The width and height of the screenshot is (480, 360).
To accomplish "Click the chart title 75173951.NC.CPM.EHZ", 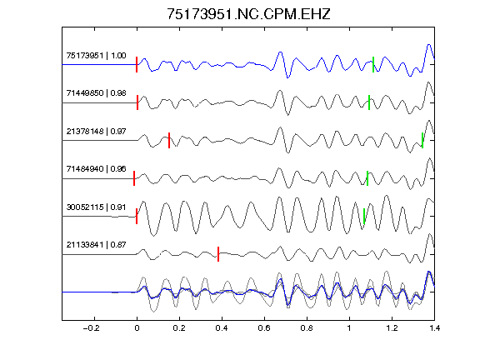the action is point(248,14).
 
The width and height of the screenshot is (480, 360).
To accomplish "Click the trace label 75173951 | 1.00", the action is point(96,55).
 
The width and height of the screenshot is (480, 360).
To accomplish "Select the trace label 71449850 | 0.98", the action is point(96,93).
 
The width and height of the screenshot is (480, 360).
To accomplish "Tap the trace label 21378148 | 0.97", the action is point(96,132).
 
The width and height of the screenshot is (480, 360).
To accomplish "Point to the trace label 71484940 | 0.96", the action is point(96,169).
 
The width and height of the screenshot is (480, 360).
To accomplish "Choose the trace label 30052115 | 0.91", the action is point(96,207).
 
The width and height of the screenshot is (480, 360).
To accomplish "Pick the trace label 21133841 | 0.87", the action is point(96,245).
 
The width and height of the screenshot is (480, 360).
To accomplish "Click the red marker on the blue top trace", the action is point(137,65).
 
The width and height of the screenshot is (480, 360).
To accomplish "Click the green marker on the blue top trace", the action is point(373,65).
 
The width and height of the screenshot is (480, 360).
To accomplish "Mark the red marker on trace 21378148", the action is point(169,141).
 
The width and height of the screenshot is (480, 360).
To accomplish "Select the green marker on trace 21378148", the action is point(422,141).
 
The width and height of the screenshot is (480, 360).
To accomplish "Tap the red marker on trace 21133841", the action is point(218,254).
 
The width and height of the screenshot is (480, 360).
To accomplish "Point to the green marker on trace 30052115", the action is point(364,216).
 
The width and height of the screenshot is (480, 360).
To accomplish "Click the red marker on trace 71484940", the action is point(134,178).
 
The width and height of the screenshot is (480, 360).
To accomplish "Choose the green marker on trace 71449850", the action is point(369,102).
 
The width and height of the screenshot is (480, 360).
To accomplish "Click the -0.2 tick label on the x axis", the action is point(92,328).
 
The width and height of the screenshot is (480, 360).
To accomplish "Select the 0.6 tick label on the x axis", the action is point(264,328).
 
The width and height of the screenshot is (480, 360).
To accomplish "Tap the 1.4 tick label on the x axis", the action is point(434,328).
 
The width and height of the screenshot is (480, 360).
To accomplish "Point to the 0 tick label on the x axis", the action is point(137,328).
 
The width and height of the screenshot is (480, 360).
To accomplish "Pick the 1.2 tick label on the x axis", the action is point(392,328).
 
